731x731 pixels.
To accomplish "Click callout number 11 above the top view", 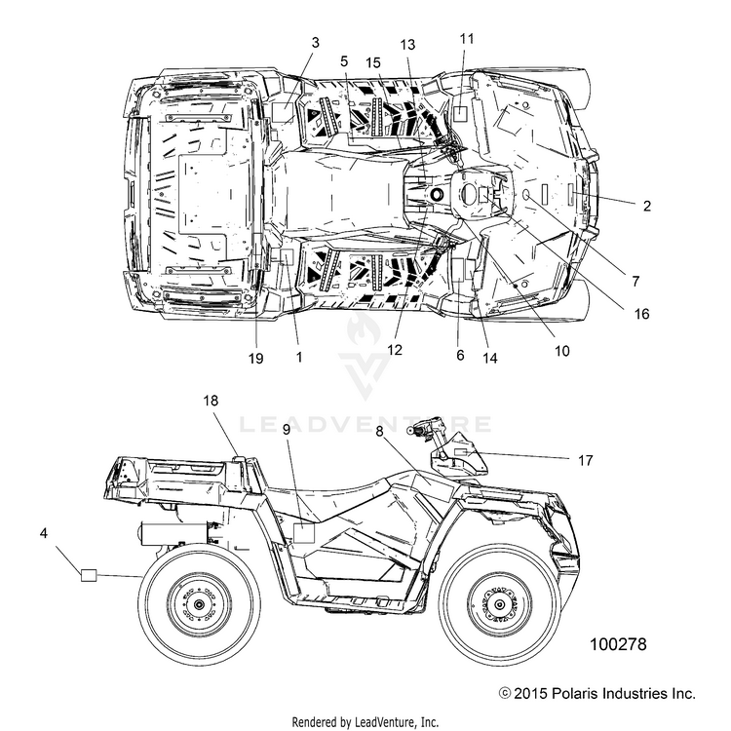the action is (466, 39).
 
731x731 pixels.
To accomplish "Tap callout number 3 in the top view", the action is (316, 43).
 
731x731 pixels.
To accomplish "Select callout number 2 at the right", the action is (646, 206).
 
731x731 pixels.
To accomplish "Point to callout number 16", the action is (641, 314).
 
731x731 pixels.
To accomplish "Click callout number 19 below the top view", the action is (255, 358).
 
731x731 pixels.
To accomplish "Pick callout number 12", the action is (395, 350).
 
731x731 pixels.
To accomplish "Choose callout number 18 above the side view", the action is (211, 401).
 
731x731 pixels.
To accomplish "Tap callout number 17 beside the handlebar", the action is (585, 461).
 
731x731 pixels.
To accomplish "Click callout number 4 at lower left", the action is (43, 533).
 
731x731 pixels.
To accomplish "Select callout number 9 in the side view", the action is (287, 430).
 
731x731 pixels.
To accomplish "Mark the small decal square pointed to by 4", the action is (89, 575).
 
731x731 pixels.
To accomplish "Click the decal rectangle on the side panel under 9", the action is (304, 533).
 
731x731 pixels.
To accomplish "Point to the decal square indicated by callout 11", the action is (461, 114).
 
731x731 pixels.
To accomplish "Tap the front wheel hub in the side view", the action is (499, 605).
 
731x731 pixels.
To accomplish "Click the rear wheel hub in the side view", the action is (200, 605).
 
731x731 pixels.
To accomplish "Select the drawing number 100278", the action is (618, 644).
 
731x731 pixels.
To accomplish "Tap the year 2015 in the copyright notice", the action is (530, 693).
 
